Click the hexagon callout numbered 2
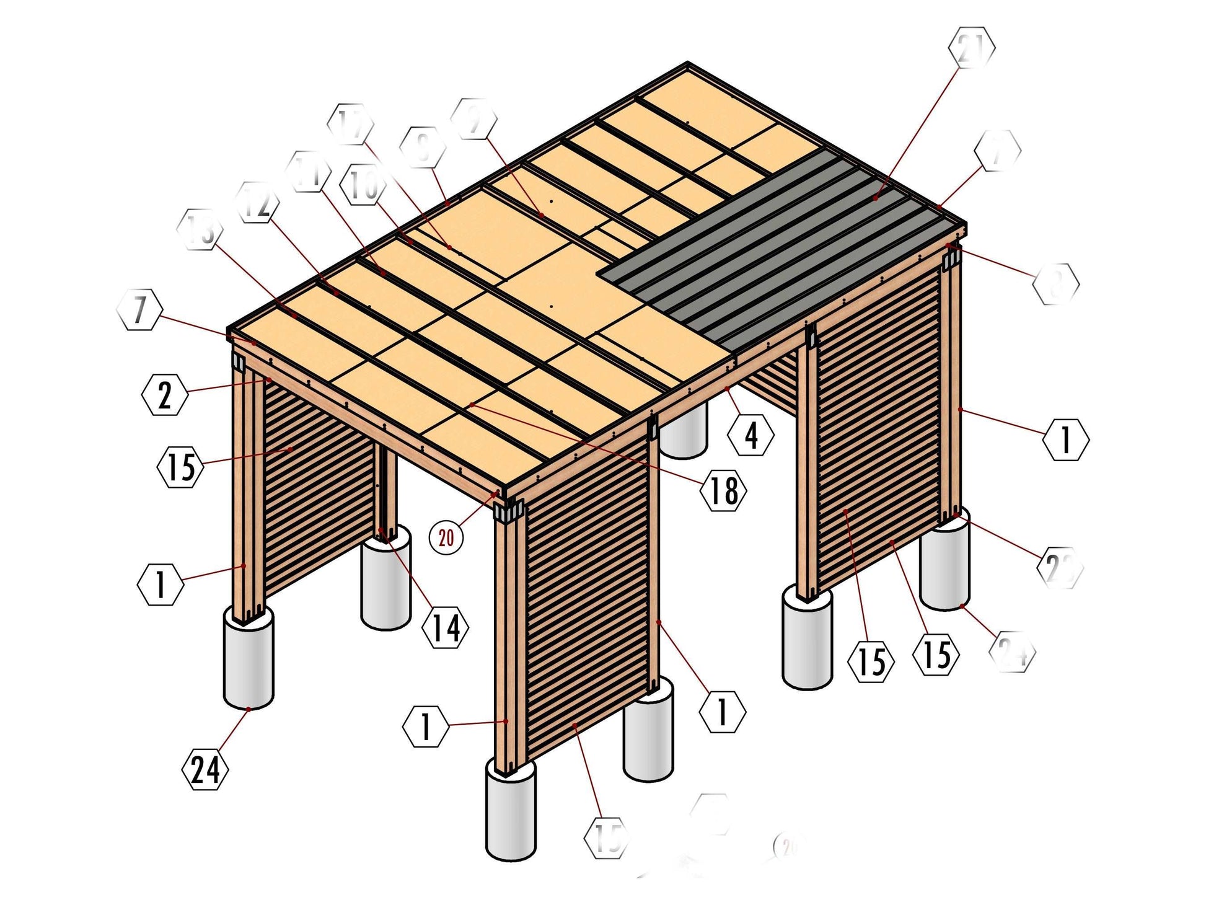[164, 395]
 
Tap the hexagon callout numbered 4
[751, 435]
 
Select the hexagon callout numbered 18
[723, 491]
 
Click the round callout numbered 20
[446, 537]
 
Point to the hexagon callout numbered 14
[445, 628]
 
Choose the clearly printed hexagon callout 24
[205, 770]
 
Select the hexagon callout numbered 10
[363, 185]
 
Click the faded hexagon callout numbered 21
[972, 48]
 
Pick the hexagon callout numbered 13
[200, 229]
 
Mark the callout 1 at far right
[1065, 439]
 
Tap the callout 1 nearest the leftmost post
[161, 584]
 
